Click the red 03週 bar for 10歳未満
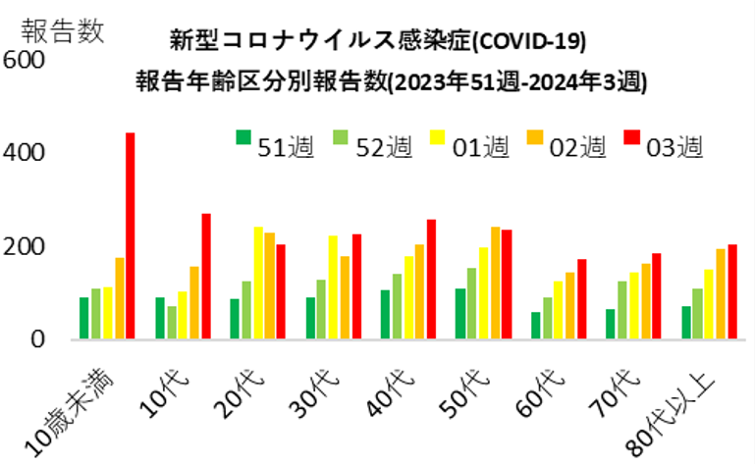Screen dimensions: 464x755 (130, 236)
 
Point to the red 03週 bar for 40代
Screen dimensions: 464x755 (431, 280)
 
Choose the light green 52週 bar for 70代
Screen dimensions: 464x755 (620, 310)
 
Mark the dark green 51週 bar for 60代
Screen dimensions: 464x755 (535, 326)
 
